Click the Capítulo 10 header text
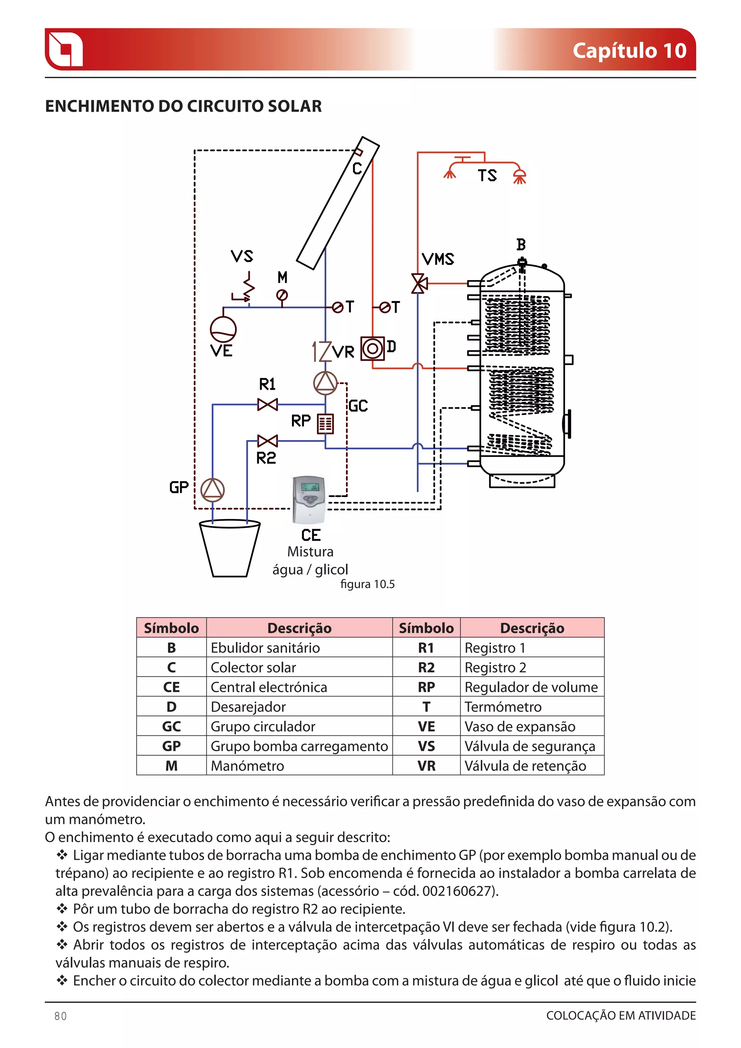click(629, 51)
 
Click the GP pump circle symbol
click(213, 490)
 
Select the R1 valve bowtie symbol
click(267, 405)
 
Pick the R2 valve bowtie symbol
click(267, 441)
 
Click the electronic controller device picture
click(309, 500)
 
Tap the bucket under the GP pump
click(229, 549)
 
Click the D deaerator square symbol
click(372, 349)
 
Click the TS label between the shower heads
click(487, 176)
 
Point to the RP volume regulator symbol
click(325, 424)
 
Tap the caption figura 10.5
click(367, 584)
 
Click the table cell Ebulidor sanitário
click(265, 648)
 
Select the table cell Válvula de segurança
click(530, 746)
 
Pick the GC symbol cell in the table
click(172, 727)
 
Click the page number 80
click(60, 1016)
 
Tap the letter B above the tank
click(521, 245)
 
